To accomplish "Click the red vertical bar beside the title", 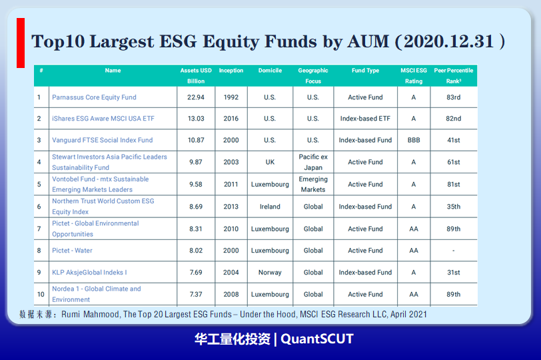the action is (21, 43).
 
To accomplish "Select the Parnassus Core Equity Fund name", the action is (94, 97).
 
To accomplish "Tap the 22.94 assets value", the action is (196, 97).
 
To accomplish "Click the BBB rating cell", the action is (414, 140).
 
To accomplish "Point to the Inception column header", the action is (231, 71).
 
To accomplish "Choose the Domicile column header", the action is (270, 71).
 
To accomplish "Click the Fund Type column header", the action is (365, 71).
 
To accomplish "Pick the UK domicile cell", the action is (270, 162).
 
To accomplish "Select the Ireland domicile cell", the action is (270, 207).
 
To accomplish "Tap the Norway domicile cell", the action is (270, 272).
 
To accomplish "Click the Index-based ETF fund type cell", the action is (365, 119).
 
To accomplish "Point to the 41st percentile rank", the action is (454, 140).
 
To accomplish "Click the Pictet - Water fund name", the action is (72, 251).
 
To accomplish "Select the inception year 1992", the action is (231, 97).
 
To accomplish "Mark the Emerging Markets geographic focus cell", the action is (313, 184).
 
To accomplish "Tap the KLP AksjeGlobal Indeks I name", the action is (89, 272).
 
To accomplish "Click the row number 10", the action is (41, 295).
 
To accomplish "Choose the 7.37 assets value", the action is (196, 295).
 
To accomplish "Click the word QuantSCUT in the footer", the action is (317, 339).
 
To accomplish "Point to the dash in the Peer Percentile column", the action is (454, 251).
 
